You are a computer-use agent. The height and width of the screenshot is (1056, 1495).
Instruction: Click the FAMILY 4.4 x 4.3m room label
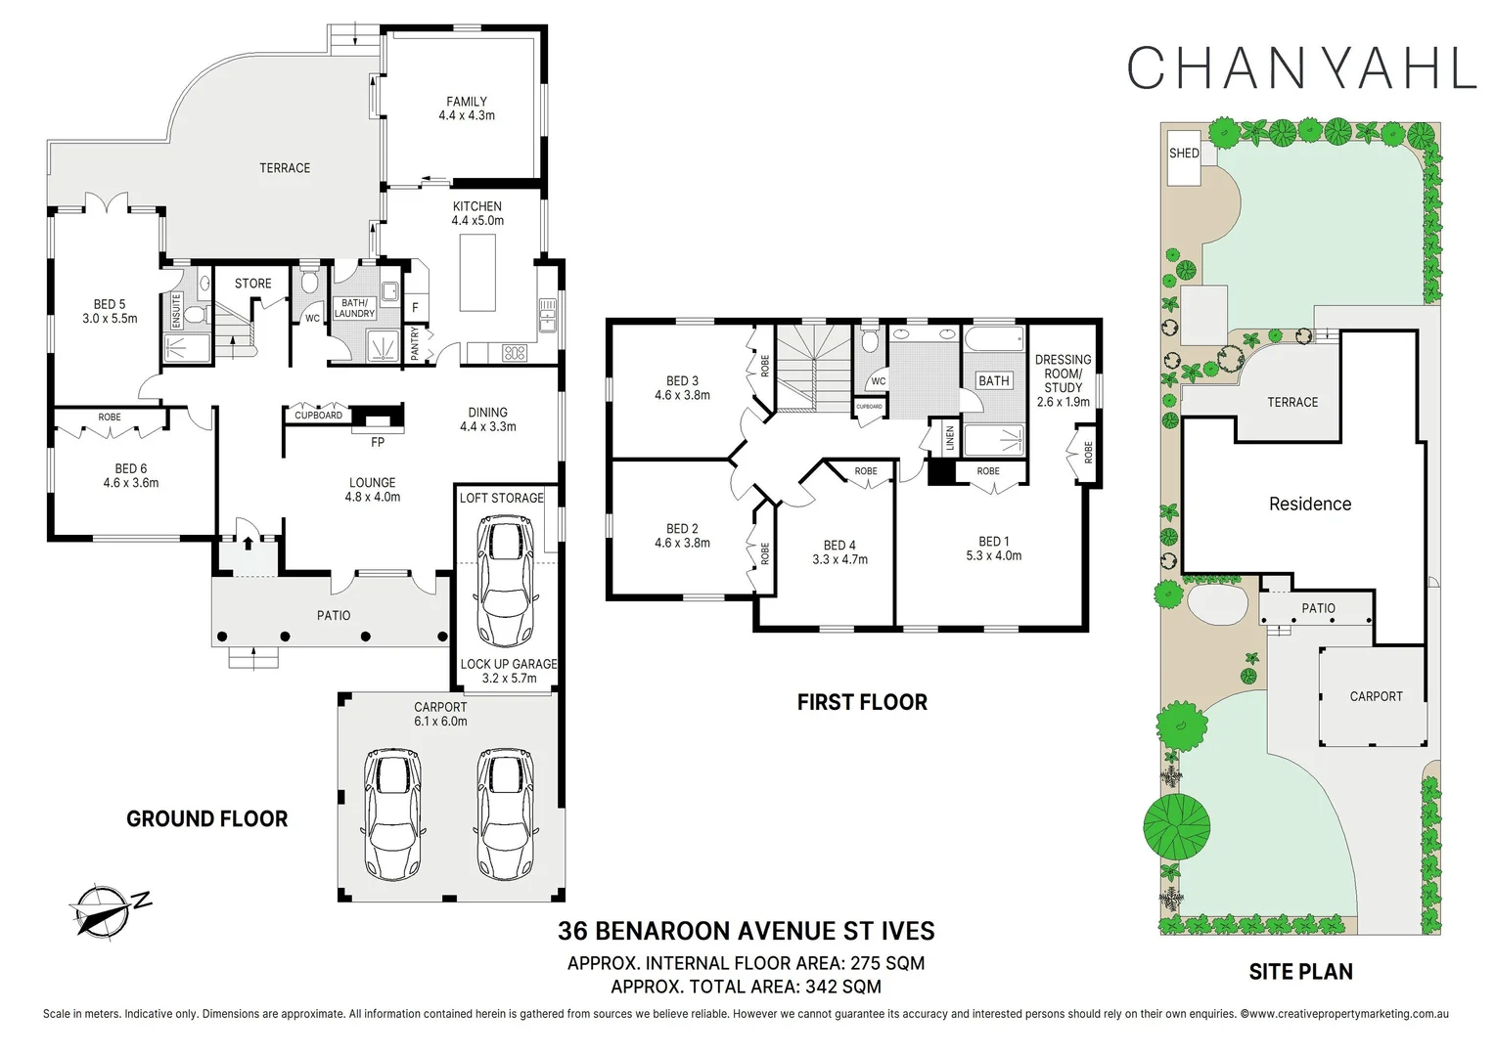(467, 109)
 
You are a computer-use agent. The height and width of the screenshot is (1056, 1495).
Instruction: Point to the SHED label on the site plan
(1184, 154)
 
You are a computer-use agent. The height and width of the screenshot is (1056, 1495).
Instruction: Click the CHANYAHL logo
(1300, 67)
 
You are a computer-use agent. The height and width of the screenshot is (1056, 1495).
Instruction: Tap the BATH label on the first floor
(993, 381)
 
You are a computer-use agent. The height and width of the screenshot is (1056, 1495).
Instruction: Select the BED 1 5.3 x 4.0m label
(993, 549)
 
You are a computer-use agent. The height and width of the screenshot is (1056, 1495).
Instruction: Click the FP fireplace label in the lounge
(378, 442)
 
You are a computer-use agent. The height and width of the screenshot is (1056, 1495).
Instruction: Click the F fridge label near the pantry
(415, 308)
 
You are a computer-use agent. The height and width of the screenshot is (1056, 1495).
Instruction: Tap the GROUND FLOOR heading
(206, 819)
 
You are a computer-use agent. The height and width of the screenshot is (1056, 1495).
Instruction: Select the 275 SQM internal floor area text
(886, 963)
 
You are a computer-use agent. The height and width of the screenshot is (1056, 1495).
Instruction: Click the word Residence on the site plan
(1309, 505)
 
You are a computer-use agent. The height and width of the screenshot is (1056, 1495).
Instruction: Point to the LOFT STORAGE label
(501, 499)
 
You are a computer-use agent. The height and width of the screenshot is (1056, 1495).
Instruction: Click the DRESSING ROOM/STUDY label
(1063, 380)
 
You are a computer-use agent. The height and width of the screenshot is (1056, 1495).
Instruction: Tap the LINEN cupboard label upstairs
(949, 437)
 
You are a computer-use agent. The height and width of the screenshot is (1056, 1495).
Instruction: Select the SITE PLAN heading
(1300, 972)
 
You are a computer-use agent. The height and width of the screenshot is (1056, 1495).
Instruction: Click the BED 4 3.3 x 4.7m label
(839, 552)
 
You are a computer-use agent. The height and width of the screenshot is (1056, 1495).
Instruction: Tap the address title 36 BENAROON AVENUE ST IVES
(746, 931)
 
